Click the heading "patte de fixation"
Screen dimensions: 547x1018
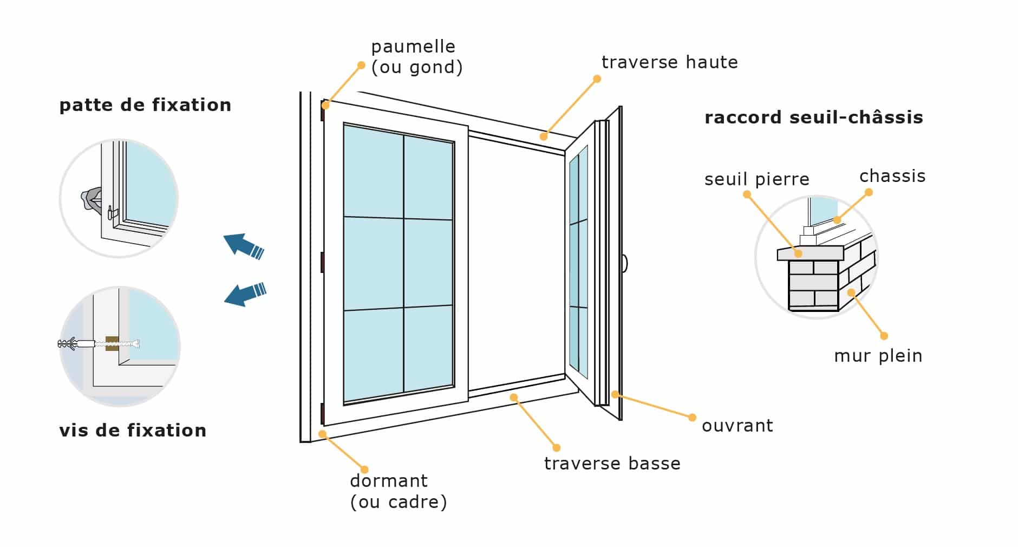coord(145,105)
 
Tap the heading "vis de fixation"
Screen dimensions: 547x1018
coord(133,431)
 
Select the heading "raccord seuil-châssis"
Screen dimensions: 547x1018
coord(813,118)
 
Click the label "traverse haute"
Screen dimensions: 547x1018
coord(669,62)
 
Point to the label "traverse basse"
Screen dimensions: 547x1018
coord(612,464)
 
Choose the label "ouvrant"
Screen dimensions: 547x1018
coord(737,426)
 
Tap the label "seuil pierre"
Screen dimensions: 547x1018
coord(756,179)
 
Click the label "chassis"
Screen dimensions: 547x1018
coord(892,176)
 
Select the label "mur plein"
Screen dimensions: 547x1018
coord(878,356)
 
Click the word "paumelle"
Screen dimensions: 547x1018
coord(413,47)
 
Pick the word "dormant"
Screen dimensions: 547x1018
coord(389,481)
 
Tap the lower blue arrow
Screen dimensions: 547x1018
coord(245,294)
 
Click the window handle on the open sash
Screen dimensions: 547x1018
coord(624,263)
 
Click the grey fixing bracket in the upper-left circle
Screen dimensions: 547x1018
coord(91,199)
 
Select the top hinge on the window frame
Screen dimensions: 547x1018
coord(322,111)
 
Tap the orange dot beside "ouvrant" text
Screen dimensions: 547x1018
coord(692,417)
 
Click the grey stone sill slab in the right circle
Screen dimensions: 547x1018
coord(810,253)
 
